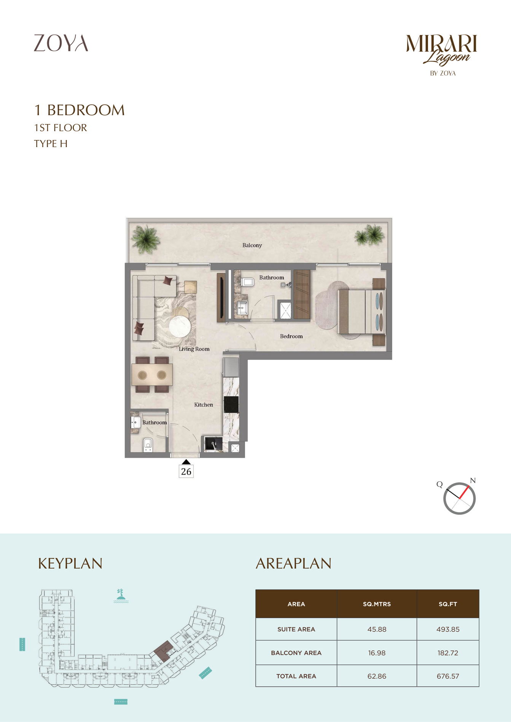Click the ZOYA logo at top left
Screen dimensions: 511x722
61,43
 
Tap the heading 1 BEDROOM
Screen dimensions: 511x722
80,110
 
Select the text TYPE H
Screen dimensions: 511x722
51,144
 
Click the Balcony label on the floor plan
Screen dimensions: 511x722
252,245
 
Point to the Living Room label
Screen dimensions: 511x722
194,349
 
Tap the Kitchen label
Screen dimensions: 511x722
204,405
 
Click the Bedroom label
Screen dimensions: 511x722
291,336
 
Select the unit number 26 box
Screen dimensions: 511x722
186,472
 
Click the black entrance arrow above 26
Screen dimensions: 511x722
186,462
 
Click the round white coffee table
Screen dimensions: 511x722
180,327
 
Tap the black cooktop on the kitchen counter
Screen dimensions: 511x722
231,404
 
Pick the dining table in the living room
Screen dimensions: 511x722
152,375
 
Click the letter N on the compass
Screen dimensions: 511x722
473,481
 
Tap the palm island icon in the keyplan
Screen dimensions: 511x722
121,596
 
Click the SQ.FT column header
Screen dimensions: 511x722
448,604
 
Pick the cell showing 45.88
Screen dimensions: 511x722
377,629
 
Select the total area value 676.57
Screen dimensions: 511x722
448,676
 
